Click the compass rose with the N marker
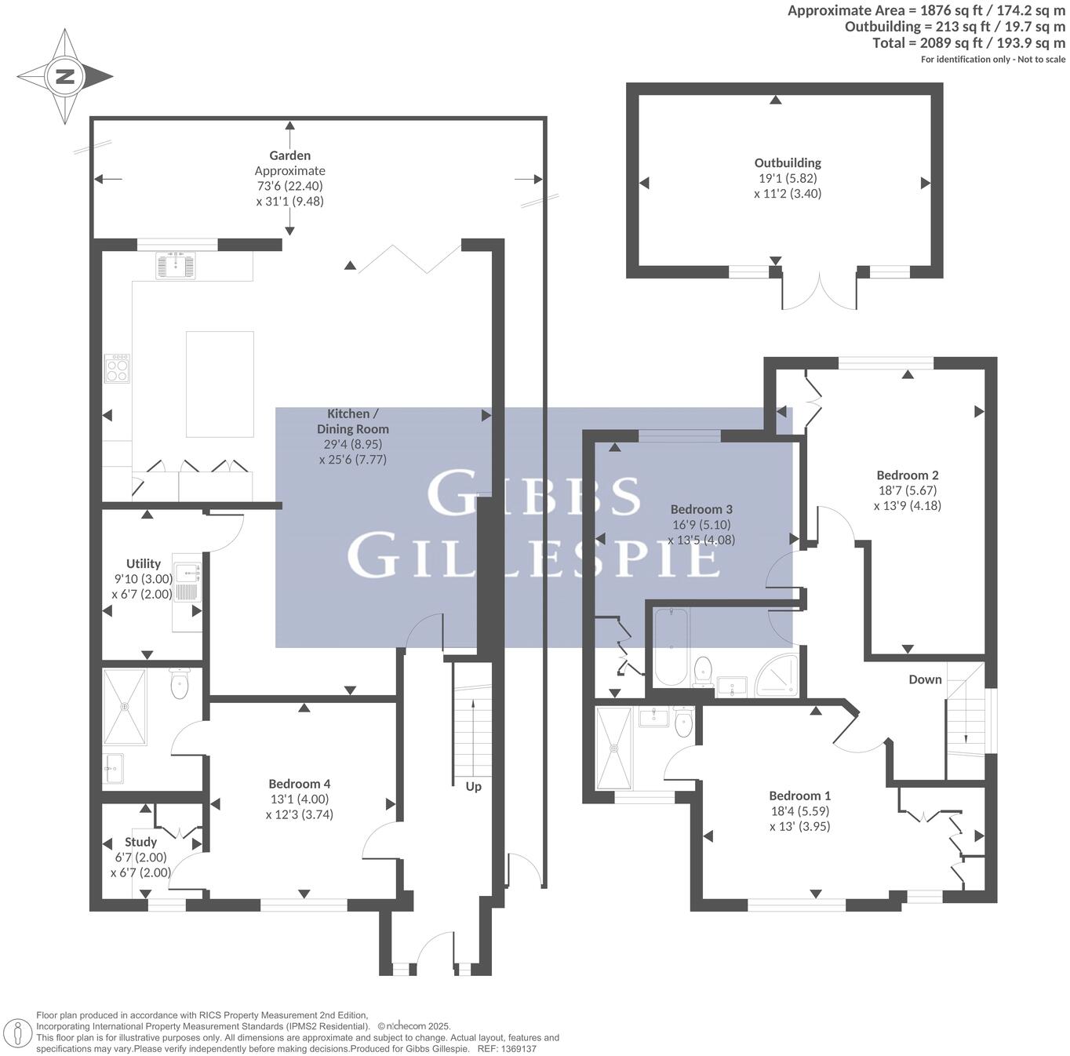(64, 77)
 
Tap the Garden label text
(289, 155)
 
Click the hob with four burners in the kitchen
(118, 368)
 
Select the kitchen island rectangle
(220, 384)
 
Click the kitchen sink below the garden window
(177, 264)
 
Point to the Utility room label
(143, 563)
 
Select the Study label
(141, 842)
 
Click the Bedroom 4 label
(299, 784)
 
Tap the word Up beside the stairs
(474, 786)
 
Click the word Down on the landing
(925, 679)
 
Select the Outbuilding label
(788, 163)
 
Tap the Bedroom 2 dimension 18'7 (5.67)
(908, 490)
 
